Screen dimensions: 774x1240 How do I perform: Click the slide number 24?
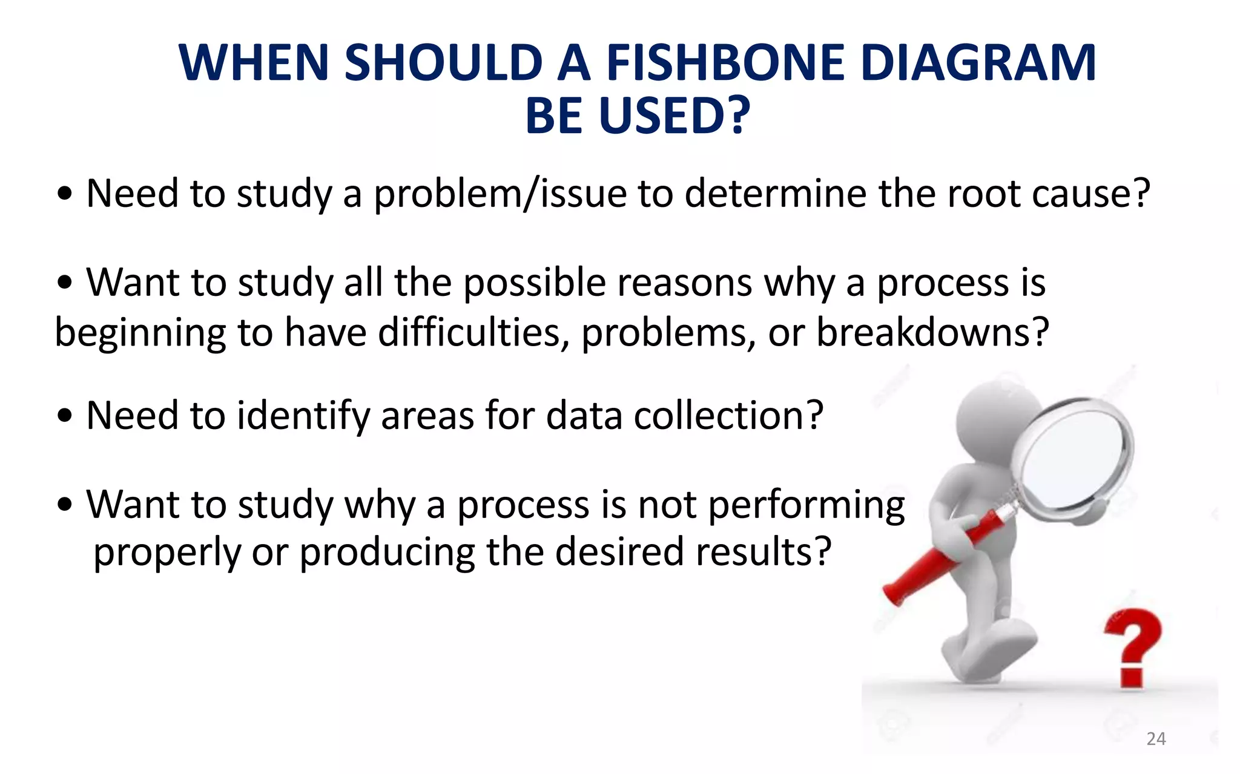tap(1156, 738)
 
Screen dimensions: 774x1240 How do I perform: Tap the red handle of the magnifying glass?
tap(932, 557)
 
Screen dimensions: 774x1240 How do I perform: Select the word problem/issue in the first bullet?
tap(500, 195)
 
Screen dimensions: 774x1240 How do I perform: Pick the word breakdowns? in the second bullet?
tap(932, 333)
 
